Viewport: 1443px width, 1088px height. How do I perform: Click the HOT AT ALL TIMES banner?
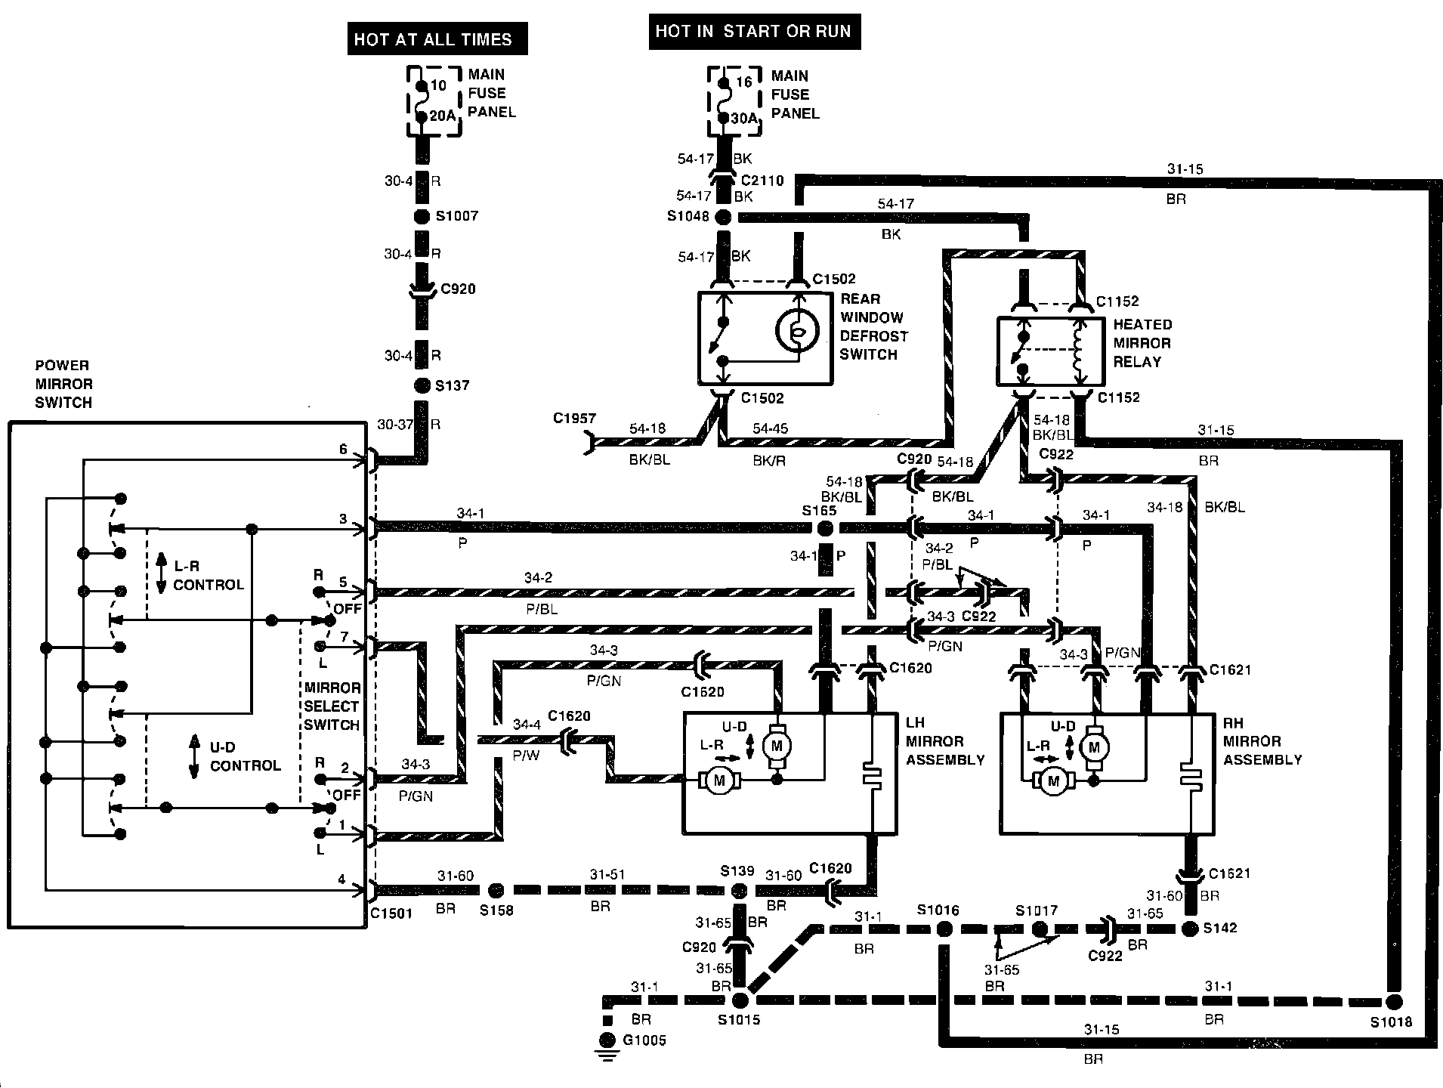point(433,39)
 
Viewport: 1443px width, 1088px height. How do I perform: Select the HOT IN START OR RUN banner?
point(753,32)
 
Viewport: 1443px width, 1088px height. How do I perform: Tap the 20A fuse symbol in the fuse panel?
point(422,100)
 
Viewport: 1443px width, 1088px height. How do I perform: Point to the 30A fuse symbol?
point(724,101)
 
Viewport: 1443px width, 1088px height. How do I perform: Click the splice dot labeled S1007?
point(422,217)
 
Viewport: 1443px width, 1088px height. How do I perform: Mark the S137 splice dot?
point(422,386)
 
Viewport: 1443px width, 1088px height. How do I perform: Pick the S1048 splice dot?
point(724,218)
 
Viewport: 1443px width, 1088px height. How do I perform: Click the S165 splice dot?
point(825,527)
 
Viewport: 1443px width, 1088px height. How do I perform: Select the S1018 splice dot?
point(1394,1002)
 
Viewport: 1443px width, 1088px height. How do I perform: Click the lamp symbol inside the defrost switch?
point(796,331)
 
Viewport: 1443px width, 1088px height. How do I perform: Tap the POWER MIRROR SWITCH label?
point(63,384)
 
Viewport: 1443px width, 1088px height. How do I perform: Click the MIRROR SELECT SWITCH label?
point(332,706)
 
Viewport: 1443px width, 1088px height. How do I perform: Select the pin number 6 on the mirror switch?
point(343,450)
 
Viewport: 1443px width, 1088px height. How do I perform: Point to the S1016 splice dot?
point(944,929)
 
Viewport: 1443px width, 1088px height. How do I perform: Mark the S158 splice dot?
point(496,890)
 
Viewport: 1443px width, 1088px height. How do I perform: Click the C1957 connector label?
point(574,419)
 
